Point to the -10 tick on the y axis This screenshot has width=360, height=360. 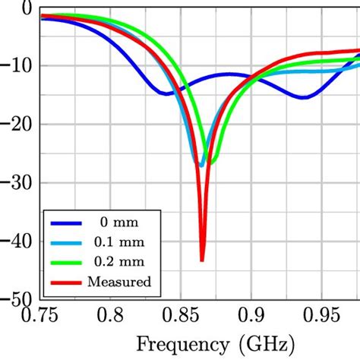17,65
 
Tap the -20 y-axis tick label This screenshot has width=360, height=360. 17,124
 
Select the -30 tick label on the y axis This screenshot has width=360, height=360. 17,183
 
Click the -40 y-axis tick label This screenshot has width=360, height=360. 17,242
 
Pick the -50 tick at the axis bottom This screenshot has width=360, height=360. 17,300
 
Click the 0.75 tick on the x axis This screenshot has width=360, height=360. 39,314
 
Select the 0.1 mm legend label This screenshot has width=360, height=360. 117,243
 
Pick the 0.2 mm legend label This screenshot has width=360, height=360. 117,263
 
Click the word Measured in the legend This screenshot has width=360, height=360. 120,283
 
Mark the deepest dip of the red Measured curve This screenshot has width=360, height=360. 202,261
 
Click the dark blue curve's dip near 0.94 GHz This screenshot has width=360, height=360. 303,97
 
